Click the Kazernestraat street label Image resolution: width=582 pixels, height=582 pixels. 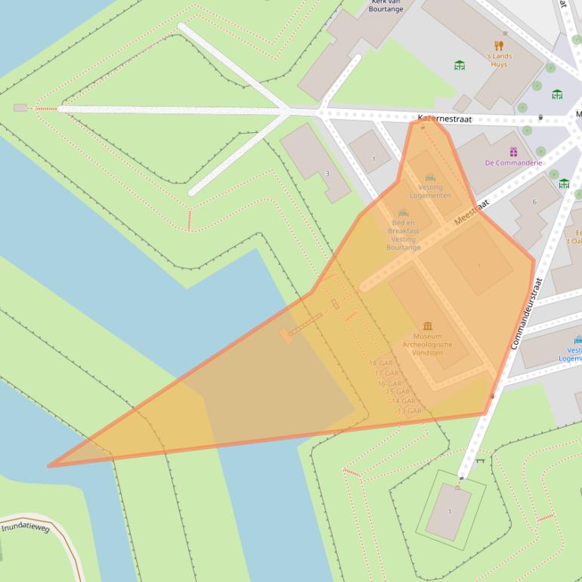(444, 119)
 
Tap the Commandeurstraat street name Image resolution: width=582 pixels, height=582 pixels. (527, 313)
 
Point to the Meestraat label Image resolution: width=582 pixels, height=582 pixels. (472, 212)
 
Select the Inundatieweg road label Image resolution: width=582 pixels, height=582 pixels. (26, 527)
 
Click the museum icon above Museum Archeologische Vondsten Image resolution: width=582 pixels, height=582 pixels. (428, 326)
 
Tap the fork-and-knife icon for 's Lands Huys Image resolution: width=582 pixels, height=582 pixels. (498, 45)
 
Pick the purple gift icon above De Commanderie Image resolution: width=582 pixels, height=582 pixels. (513, 152)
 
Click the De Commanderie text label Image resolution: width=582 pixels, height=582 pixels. (513, 163)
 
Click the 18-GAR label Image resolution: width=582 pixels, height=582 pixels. (380, 364)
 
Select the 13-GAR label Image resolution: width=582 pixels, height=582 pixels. (408, 410)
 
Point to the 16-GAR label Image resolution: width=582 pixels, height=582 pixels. (389, 383)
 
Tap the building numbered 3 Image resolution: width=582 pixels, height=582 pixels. (327, 173)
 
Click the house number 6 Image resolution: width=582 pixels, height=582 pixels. (534, 202)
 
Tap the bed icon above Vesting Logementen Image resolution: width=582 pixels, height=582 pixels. (430, 178)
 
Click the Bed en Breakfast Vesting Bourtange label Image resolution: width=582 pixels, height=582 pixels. (404, 234)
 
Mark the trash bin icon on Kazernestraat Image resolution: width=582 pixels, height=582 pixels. (540, 117)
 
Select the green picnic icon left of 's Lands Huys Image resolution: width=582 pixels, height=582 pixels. (460, 65)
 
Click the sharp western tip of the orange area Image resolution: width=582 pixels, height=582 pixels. (49, 466)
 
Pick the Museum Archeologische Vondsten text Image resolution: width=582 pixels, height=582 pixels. (428, 344)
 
